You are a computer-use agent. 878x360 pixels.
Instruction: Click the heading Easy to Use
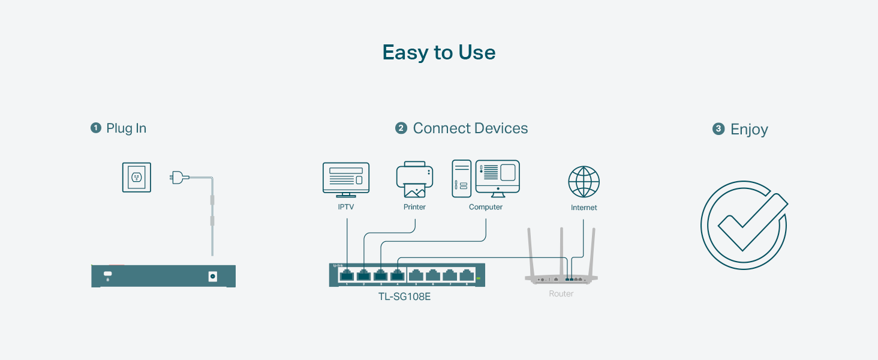point(439,53)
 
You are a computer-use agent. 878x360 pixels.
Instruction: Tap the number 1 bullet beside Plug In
point(96,128)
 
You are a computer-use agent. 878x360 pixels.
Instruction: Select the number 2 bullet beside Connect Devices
point(401,128)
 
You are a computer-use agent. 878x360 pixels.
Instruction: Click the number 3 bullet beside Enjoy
point(718,129)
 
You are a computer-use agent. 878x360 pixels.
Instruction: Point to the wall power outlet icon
point(137,177)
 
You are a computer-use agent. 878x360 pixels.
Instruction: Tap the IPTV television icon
point(346,179)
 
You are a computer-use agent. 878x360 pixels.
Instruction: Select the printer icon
point(414,179)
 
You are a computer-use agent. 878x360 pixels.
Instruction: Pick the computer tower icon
point(461,178)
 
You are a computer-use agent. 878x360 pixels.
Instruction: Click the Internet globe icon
point(584,182)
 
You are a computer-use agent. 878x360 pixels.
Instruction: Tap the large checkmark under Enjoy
point(744,224)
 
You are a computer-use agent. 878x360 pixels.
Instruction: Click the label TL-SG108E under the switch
point(404,296)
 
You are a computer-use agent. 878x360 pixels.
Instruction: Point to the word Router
point(561,294)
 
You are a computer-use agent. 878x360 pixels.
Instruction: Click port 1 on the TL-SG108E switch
point(347,275)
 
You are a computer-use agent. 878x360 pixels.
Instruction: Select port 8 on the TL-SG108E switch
point(467,275)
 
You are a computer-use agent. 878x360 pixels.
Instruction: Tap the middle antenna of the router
point(561,252)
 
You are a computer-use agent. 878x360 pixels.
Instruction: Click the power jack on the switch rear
point(212,276)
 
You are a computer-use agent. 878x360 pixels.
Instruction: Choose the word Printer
point(414,207)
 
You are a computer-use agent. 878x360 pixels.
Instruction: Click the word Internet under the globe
point(584,208)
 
